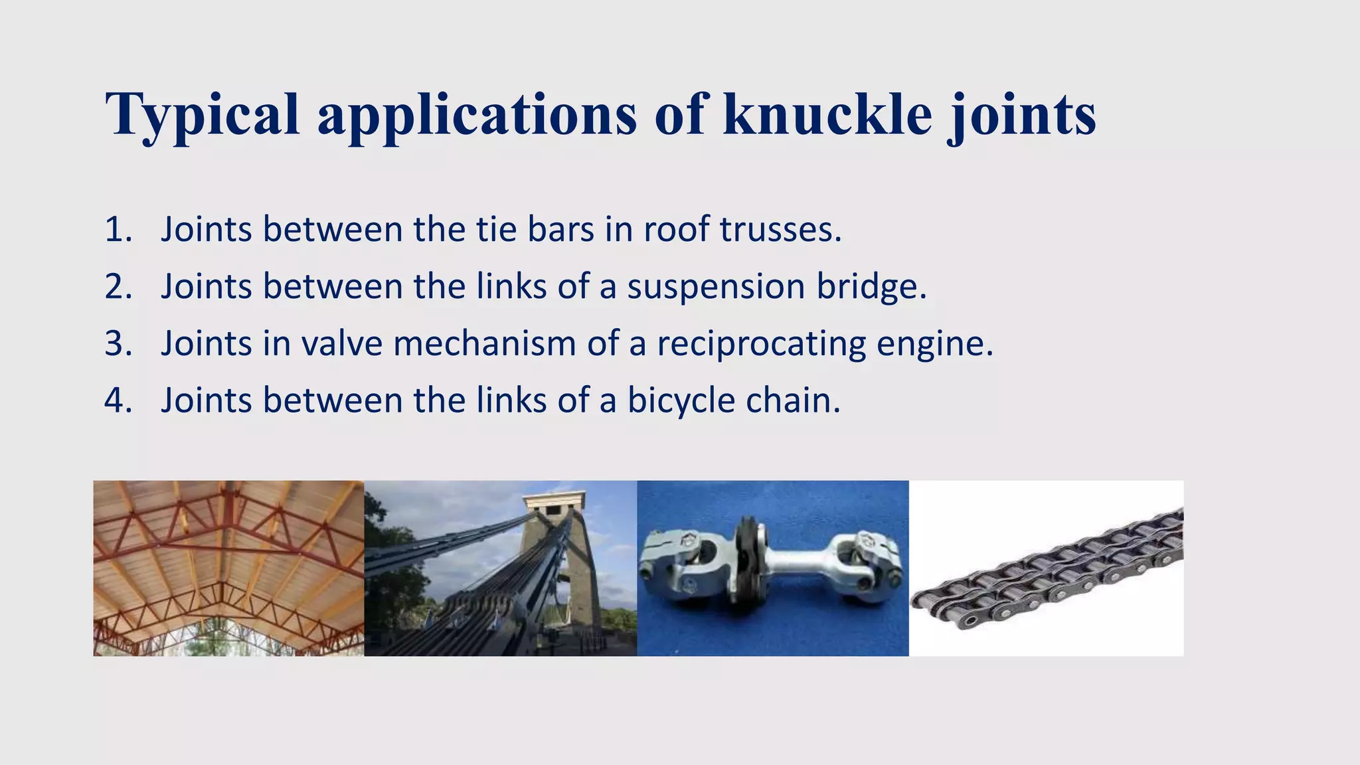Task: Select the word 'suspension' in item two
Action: point(716,287)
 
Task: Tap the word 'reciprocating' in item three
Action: point(761,344)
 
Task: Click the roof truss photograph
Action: point(228,568)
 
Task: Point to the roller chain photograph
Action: point(1046,568)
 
